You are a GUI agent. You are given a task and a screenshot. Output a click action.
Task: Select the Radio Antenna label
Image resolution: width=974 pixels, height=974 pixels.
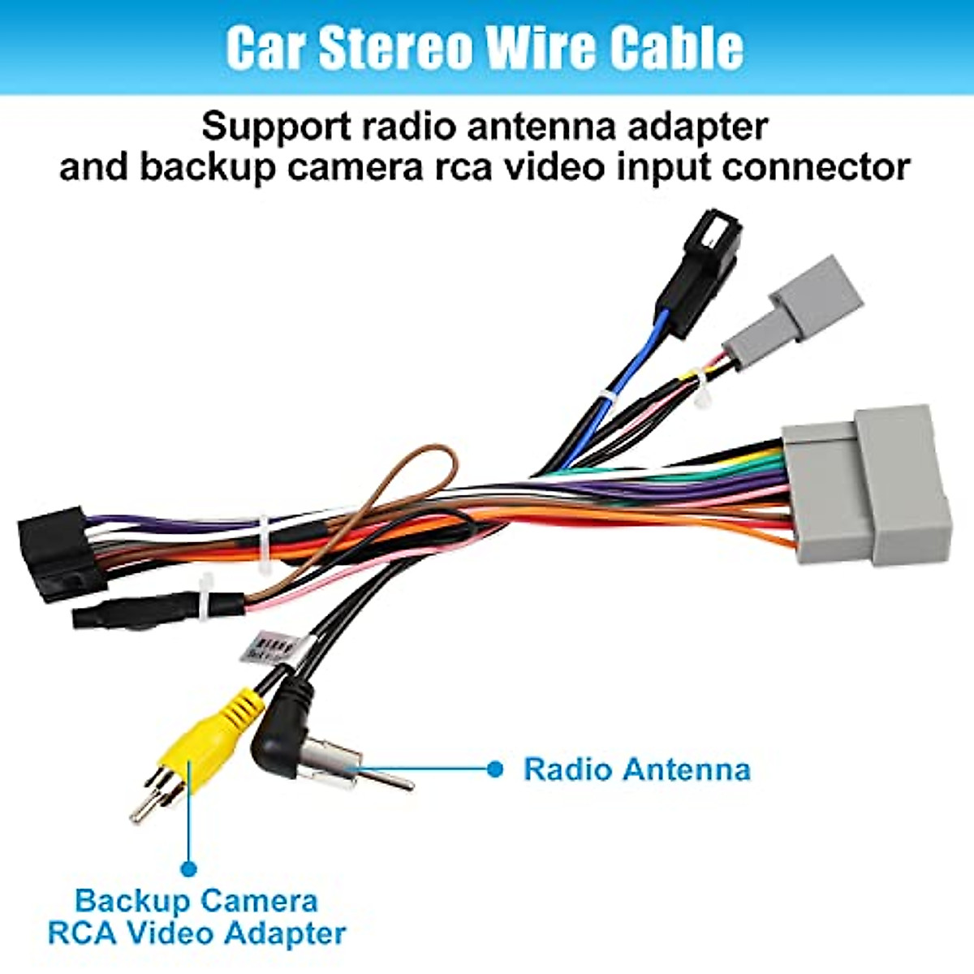coord(636,769)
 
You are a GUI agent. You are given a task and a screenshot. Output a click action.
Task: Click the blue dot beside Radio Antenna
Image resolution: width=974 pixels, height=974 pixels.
coord(495,769)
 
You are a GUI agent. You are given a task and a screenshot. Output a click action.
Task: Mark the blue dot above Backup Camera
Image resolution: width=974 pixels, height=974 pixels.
coord(189,868)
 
